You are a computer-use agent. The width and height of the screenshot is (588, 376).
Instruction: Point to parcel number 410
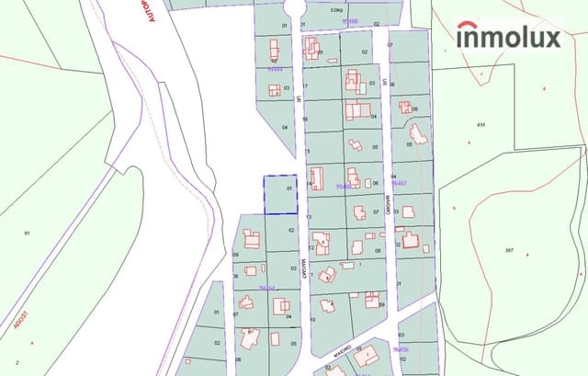480,124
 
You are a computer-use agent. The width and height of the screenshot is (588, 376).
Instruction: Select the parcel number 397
510,250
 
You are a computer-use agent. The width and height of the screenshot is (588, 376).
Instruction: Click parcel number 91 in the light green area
27,234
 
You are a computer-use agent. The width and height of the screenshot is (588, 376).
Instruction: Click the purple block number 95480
348,19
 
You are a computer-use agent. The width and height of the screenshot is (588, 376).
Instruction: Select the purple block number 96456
401,349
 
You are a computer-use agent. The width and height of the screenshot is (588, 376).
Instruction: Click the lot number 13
309,217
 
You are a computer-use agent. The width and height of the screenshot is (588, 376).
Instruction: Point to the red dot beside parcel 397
528,253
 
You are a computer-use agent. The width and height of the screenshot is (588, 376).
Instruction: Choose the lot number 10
312,319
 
